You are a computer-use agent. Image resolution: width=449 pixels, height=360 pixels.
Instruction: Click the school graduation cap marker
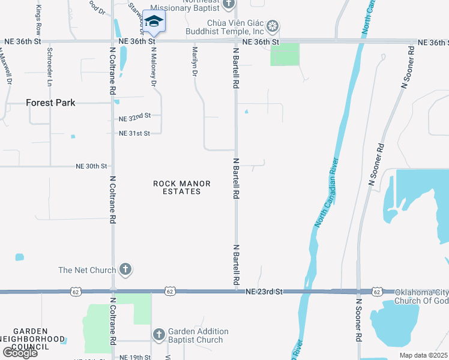pos(154,22)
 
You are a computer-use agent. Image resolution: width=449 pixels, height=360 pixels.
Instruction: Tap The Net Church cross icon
pos(125,269)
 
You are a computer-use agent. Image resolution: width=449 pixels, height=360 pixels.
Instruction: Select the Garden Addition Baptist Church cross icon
pos(159,334)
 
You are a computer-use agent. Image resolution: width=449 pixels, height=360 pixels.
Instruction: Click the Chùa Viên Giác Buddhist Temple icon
pos(273,26)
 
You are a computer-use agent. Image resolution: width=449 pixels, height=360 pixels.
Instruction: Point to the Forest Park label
pos(51,103)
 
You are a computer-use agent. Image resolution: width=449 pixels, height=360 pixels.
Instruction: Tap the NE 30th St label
pos(91,166)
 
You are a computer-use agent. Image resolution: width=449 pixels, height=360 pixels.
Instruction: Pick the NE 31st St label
pos(134,133)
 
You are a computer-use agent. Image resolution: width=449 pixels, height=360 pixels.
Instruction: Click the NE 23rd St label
pos(264,292)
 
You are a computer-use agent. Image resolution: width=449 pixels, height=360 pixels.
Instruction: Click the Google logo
pos(19,353)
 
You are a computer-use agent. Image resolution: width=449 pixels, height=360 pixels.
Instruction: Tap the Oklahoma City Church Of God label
pos(421,296)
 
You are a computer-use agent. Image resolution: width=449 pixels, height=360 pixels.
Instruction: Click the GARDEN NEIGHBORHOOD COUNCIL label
pos(38,339)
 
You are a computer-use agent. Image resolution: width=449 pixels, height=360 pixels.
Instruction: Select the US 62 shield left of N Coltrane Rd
pos(75,292)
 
